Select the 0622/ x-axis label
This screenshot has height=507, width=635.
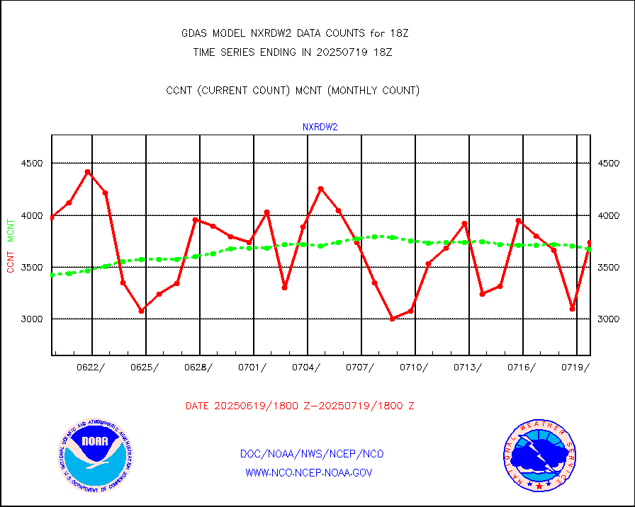click(x=92, y=367)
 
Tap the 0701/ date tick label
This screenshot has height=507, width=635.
click(x=253, y=367)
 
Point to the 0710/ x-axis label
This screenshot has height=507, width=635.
click(x=415, y=367)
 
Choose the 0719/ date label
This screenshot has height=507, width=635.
click(x=576, y=367)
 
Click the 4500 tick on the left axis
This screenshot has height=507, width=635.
click(x=31, y=164)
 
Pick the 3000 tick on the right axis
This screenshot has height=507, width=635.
click(x=609, y=319)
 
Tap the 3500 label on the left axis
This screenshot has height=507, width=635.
click(x=31, y=268)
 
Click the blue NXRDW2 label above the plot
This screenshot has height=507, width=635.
click(x=320, y=127)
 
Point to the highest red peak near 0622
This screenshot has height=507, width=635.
click(x=87, y=171)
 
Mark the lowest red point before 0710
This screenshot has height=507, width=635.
click(x=392, y=319)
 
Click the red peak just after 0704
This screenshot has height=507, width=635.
click(x=320, y=188)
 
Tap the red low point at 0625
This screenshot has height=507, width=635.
click(x=141, y=310)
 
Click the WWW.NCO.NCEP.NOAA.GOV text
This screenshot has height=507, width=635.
click(x=309, y=472)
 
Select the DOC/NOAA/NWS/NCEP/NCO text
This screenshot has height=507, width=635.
click(x=312, y=454)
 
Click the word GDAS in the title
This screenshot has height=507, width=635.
click(x=195, y=33)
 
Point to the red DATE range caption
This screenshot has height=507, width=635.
click(x=300, y=406)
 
